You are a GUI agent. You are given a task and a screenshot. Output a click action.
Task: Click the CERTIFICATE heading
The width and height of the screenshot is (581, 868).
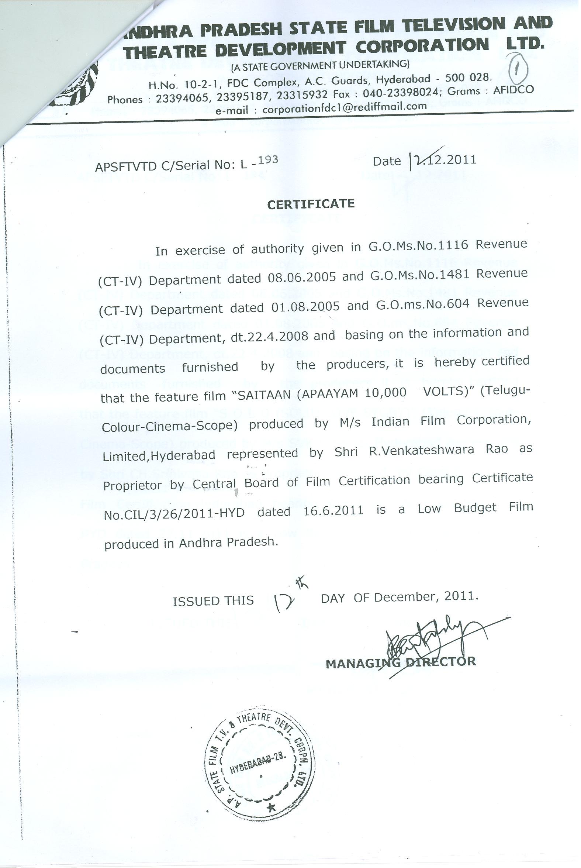(311, 204)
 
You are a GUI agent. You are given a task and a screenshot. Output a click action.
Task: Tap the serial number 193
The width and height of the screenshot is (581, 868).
(268, 160)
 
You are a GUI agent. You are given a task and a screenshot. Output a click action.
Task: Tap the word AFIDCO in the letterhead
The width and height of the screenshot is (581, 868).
(514, 89)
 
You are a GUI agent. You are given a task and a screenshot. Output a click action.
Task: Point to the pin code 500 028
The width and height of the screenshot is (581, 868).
(468, 78)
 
